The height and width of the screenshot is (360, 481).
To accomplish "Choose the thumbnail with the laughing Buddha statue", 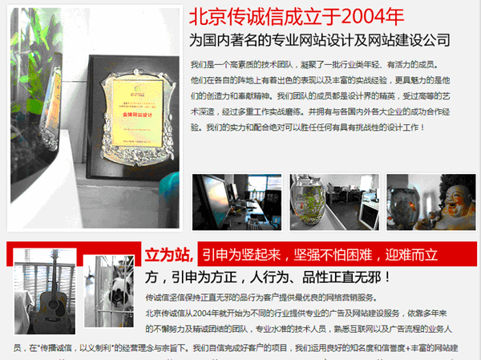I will [x=431, y=202].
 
